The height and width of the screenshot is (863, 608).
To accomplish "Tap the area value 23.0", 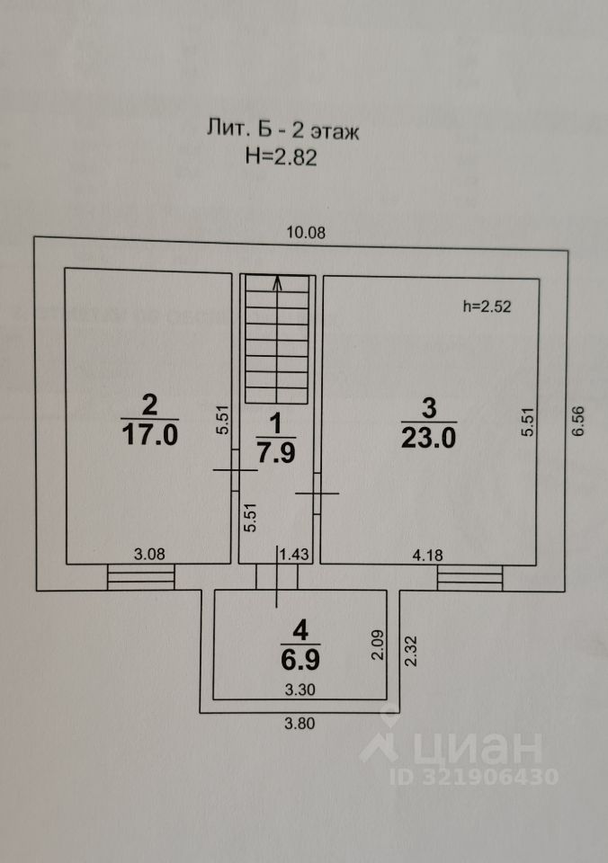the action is [430, 439].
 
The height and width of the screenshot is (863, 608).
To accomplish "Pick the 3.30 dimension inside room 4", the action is [301, 690].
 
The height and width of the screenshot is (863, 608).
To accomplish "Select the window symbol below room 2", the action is [141, 577].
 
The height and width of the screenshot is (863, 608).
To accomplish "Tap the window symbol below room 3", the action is [469, 577].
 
